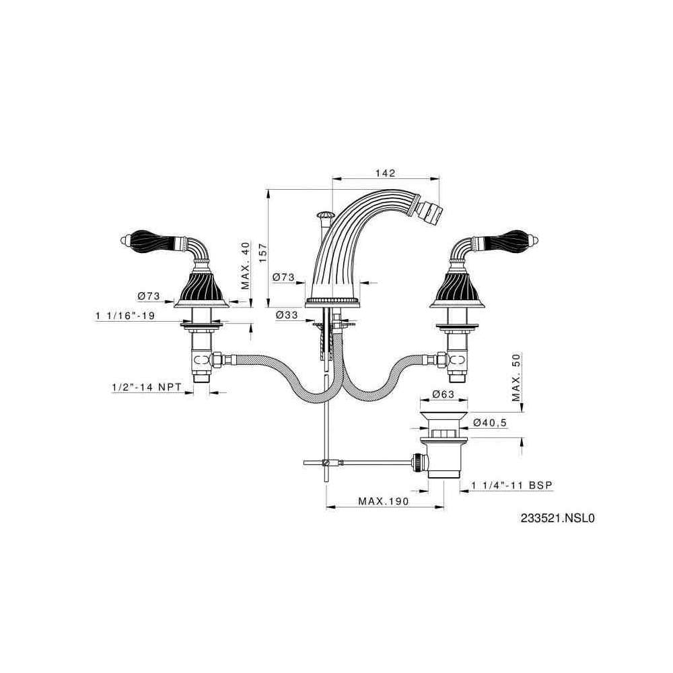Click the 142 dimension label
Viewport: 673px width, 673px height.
point(385,173)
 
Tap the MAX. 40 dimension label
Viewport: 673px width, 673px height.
point(245,266)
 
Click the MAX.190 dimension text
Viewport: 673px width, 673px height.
point(384,501)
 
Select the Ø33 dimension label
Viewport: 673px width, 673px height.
point(287,314)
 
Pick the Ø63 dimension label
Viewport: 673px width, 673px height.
point(443,394)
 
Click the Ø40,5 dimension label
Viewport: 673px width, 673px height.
point(490,423)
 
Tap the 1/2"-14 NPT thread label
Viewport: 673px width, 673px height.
point(146,387)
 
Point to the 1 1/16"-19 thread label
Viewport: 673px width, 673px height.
point(125,316)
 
